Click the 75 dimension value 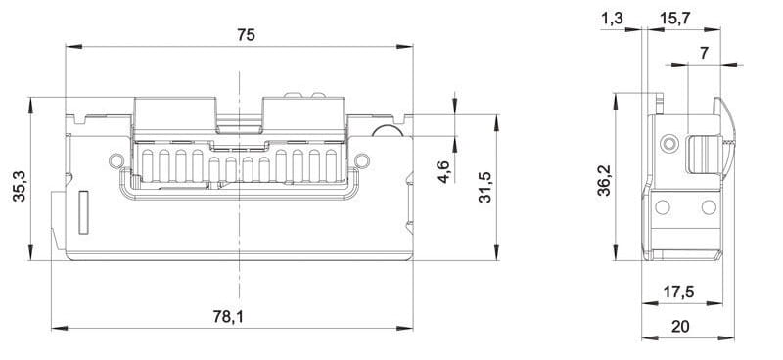pyautogui.click(x=247, y=35)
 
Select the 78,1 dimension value pyautogui.click(x=229, y=317)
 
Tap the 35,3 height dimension pyautogui.click(x=20, y=186)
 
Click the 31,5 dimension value pyautogui.click(x=484, y=187)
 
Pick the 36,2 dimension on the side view pyautogui.click(x=605, y=180)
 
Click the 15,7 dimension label pyautogui.click(x=674, y=19)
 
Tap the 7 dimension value pyautogui.click(x=704, y=53)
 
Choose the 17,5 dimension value pyautogui.click(x=678, y=292)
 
